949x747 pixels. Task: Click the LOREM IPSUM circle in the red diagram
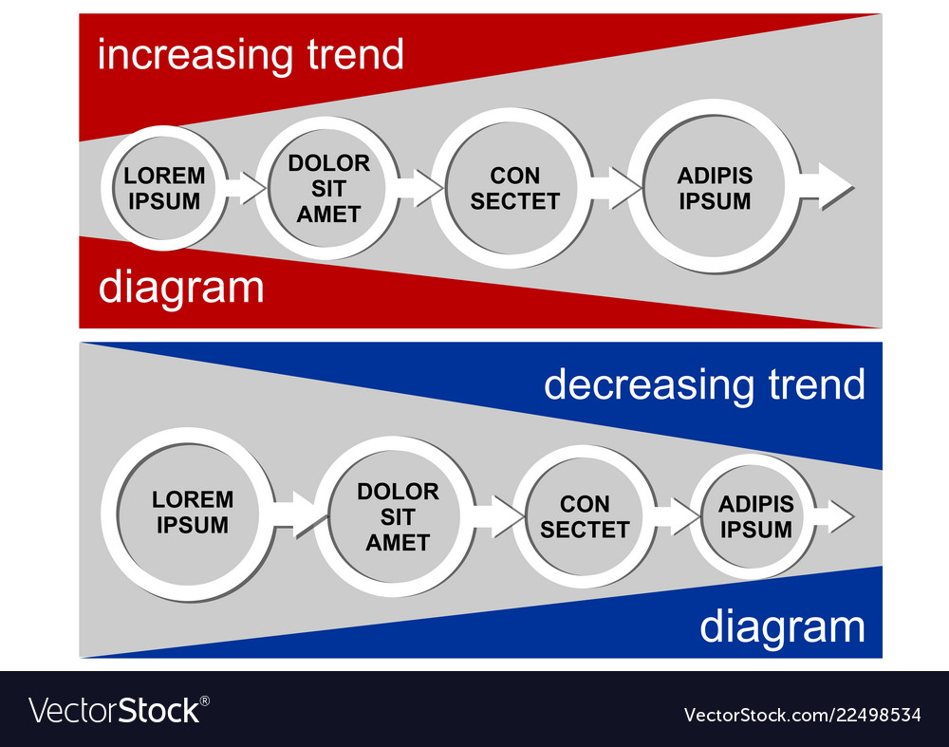pyautogui.click(x=164, y=188)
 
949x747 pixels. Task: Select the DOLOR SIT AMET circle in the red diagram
pyautogui.click(x=328, y=188)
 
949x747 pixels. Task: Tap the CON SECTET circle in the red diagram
pyautogui.click(x=515, y=188)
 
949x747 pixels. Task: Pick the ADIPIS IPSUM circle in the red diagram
pyautogui.click(x=715, y=188)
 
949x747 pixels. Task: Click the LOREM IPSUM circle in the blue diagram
pyautogui.click(x=193, y=513)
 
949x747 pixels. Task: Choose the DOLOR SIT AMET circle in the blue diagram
pyautogui.click(x=398, y=517)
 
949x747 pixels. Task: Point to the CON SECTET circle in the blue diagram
pyautogui.click(x=585, y=517)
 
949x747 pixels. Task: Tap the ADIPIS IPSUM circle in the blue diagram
pyautogui.click(x=755, y=517)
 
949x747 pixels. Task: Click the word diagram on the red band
pyautogui.click(x=181, y=287)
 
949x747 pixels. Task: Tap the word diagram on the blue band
pyautogui.click(x=782, y=627)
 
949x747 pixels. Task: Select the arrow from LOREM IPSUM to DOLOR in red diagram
pyautogui.click(x=245, y=187)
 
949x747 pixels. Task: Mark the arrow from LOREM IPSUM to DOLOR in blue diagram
pyautogui.click(x=296, y=514)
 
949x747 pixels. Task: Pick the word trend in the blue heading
pyautogui.click(x=813, y=384)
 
